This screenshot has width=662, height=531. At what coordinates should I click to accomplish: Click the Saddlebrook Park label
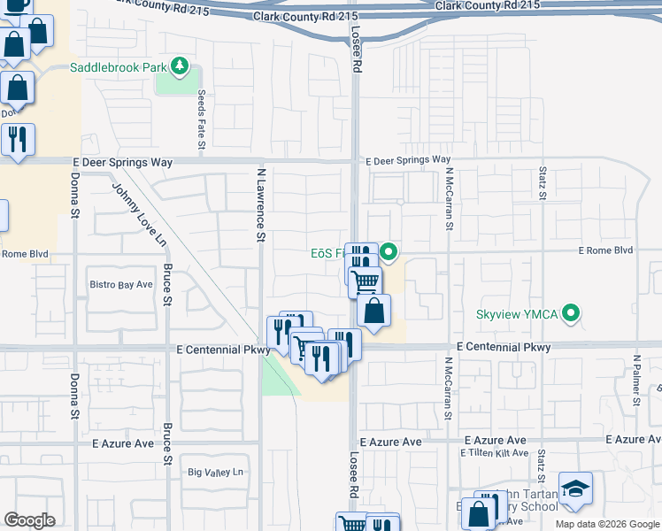[x=119, y=66]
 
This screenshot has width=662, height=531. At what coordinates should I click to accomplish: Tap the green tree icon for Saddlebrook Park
[x=180, y=65]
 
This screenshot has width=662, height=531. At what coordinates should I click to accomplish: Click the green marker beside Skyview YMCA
[x=571, y=313]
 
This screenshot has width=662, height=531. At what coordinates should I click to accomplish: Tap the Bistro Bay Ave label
[x=122, y=285]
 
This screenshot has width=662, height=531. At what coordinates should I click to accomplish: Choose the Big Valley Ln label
[x=215, y=473]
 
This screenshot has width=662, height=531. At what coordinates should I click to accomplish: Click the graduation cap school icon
[x=575, y=489]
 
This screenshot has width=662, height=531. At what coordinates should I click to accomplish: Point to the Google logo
[x=29, y=520]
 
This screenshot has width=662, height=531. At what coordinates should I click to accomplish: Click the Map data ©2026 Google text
[x=606, y=524]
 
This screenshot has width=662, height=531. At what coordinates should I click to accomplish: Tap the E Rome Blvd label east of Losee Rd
[x=606, y=250]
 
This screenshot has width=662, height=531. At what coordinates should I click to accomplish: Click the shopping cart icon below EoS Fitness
[x=365, y=283]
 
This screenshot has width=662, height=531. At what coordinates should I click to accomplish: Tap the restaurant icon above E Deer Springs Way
[x=17, y=139]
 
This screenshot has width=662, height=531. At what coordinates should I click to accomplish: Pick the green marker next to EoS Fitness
[x=387, y=252]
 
